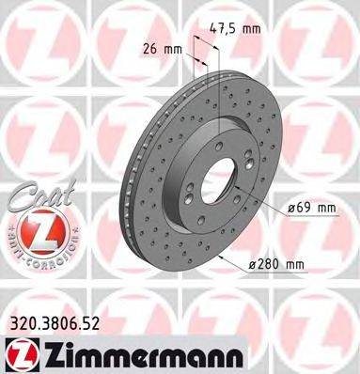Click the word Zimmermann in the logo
[115, 354]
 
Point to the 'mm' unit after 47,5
[251, 29]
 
